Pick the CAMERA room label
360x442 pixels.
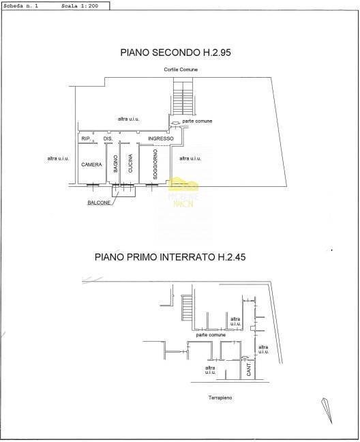(x=91, y=165)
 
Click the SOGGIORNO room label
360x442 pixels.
(x=156, y=164)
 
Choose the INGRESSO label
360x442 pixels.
(x=161, y=139)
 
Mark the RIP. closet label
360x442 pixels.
(x=86, y=139)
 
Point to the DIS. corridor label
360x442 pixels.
(x=107, y=139)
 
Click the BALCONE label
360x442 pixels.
(x=99, y=203)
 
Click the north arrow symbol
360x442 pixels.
(x=326, y=411)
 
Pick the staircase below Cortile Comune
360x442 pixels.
(x=182, y=99)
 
